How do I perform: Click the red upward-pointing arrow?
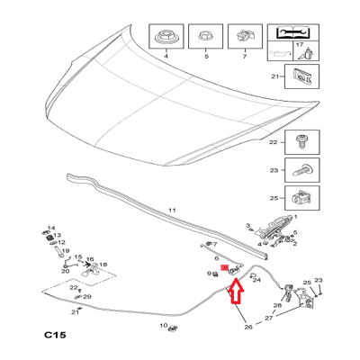tap(236, 291)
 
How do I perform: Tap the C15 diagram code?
tap(55, 335)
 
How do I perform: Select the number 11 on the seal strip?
tap(172, 211)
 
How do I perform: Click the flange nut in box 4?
tap(166, 37)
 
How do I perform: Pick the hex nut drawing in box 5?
tap(205, 37)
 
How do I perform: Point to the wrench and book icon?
tap(292, 31)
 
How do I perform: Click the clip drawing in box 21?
tap(301, 76)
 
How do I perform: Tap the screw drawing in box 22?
tap(301, 142)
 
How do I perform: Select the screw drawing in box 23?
tap(301, 171)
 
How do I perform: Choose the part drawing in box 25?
tap(301, 198)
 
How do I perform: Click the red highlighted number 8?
tap(225, 267)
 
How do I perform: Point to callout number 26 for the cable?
tap(248, 327)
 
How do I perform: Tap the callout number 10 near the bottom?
tap(164, 326)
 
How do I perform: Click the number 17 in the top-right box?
tap(300, 45)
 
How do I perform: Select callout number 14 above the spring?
tap(51, 229)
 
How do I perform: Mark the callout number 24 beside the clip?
tap(256, 280)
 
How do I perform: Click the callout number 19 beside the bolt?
tap(66, 251)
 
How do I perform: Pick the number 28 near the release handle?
tap(277, 306)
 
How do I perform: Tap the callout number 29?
tap(87, 297)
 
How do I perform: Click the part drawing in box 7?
tap(245, 36)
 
